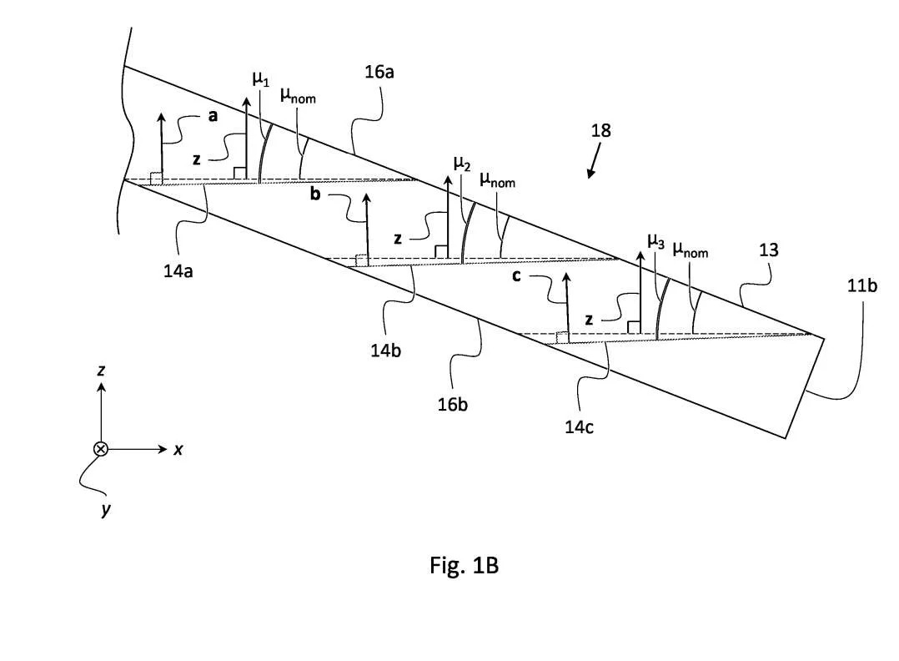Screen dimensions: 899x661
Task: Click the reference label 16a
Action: pos(379,73)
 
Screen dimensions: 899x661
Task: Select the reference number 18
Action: pos(600,131)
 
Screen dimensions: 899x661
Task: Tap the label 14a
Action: pos(178,270)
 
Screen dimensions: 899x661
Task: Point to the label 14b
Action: pos(385,350)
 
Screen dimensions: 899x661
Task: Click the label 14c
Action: pos(579,427)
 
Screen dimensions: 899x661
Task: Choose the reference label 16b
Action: pos(452,405)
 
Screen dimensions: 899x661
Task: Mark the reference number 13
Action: pos(769,250)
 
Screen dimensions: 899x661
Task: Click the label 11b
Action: pos(861,285)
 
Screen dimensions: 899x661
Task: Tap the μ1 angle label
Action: pos(261,79)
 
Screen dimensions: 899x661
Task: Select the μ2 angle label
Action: pos(462,164)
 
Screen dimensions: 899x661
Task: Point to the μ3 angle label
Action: pos(655,241)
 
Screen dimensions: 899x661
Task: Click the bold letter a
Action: pos(213,116)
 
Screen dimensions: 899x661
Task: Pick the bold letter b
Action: pos(314,194)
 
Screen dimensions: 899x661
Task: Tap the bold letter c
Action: pos(516,276)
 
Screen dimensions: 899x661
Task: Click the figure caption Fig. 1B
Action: pos(464,566)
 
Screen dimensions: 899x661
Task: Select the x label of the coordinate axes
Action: pos(178,449)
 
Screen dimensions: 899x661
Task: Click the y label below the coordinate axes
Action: pos(105,509)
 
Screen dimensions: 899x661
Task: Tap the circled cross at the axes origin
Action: pos(101,449)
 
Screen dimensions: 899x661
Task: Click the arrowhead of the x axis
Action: pos(163,449)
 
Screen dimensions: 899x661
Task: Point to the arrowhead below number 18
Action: pos(590,173)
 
